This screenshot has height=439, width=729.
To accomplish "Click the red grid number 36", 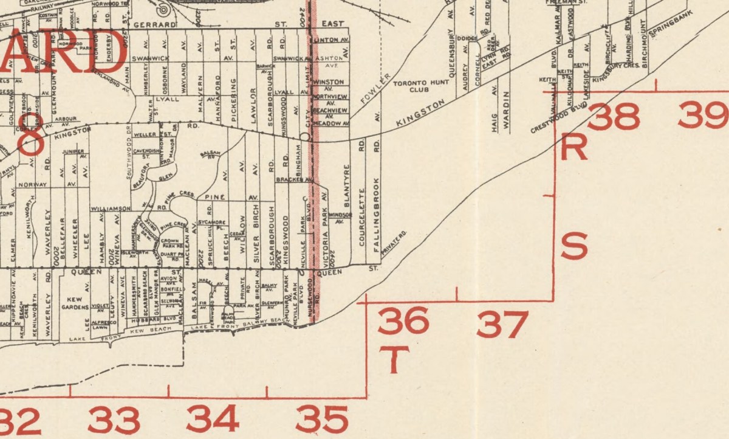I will (x=403, y=321).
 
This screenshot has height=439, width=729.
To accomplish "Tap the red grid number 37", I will (x=501, y=325).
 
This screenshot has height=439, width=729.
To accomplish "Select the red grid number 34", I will (x=212, y=418).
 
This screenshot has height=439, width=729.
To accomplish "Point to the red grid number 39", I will (x=703, y=115).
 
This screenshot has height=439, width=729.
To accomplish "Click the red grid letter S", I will (x=574, y=246).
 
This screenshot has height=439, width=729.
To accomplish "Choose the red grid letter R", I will (x=574, y=148).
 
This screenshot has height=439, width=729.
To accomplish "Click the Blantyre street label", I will (x=347, y=179).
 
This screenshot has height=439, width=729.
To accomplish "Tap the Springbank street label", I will (x=669, y=28).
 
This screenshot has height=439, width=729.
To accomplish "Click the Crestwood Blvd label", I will (x=551, y=120).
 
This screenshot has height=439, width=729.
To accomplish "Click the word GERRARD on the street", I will (x=154, y=25).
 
